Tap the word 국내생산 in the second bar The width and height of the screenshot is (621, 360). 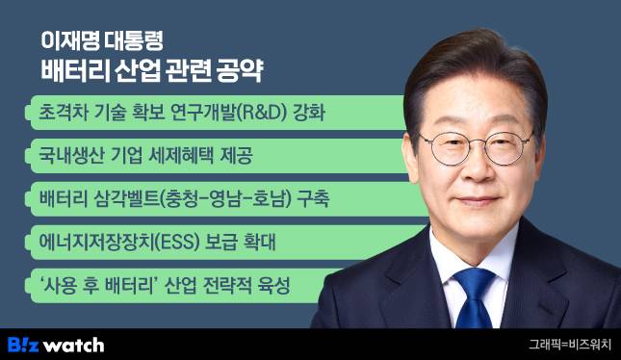pyautogui.click(x=65, y=157)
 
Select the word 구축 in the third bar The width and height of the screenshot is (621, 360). pyautogui.click(x=312, y=200)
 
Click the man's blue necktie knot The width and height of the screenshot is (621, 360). pyautogui.click(x=475, y=280)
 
